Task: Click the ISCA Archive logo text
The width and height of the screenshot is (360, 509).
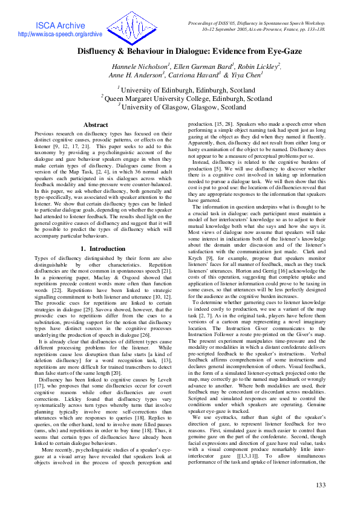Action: (61, 25)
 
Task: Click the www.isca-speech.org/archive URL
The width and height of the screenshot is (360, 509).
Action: (61, 34)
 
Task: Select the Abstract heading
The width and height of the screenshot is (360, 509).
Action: (95, 124)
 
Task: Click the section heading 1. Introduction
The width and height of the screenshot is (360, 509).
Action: (95, 248)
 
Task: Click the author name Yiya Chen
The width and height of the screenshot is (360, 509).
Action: (247, 75)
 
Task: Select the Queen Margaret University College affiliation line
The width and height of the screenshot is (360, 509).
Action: (187, 99)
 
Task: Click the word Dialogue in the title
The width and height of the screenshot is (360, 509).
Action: (197, 52)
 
